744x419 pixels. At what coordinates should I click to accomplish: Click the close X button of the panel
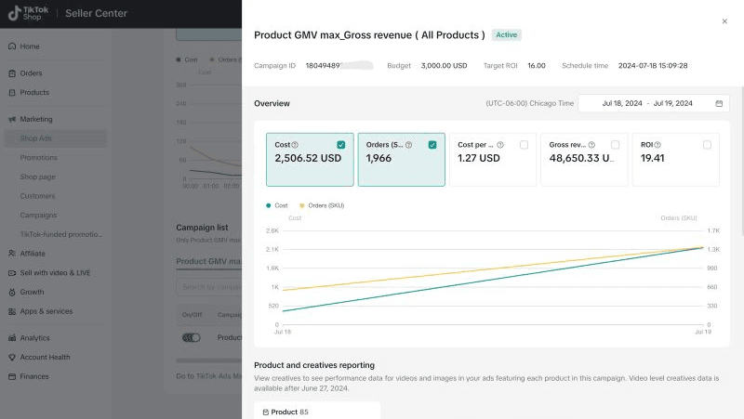click(724, 21)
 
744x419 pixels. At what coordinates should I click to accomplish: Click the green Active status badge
click(507, 35)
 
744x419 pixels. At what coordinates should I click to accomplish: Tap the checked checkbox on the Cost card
click(341, 145)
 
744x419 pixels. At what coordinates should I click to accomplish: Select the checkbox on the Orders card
click(432, 145)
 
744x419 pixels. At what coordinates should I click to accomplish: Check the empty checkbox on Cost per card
click(524, 145)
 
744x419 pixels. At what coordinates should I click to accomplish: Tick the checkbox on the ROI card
click(707, 145)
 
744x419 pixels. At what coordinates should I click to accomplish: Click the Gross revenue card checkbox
click(615, 145)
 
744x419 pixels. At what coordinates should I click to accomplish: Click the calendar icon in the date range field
click(719, 103)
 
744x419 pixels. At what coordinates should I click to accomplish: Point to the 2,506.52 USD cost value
click(308, 159)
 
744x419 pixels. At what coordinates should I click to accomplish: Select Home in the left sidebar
click(30, 46)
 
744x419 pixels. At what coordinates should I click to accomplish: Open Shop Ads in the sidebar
click(36, 138)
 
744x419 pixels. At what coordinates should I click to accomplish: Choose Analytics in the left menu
click(35, 338)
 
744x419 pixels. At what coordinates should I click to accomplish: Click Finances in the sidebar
click(34, 376)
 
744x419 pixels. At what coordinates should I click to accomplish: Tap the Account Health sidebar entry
click(45, 358)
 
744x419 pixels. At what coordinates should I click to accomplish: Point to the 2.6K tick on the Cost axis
click(272, 230)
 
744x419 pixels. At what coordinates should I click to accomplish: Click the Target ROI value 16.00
click(537, 66)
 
